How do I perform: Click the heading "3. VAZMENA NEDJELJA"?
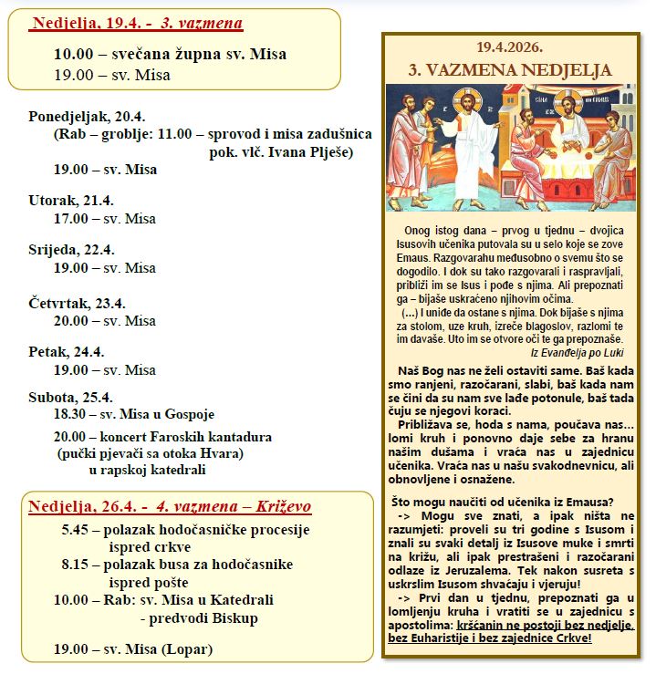(509, 70)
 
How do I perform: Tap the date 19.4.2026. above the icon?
(509, 47)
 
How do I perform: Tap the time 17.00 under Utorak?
(71, 219)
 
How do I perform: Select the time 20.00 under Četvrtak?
(71, 321)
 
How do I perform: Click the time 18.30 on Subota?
(71, 414)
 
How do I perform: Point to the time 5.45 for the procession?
(77, 530)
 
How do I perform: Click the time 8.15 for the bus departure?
(77, 565)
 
